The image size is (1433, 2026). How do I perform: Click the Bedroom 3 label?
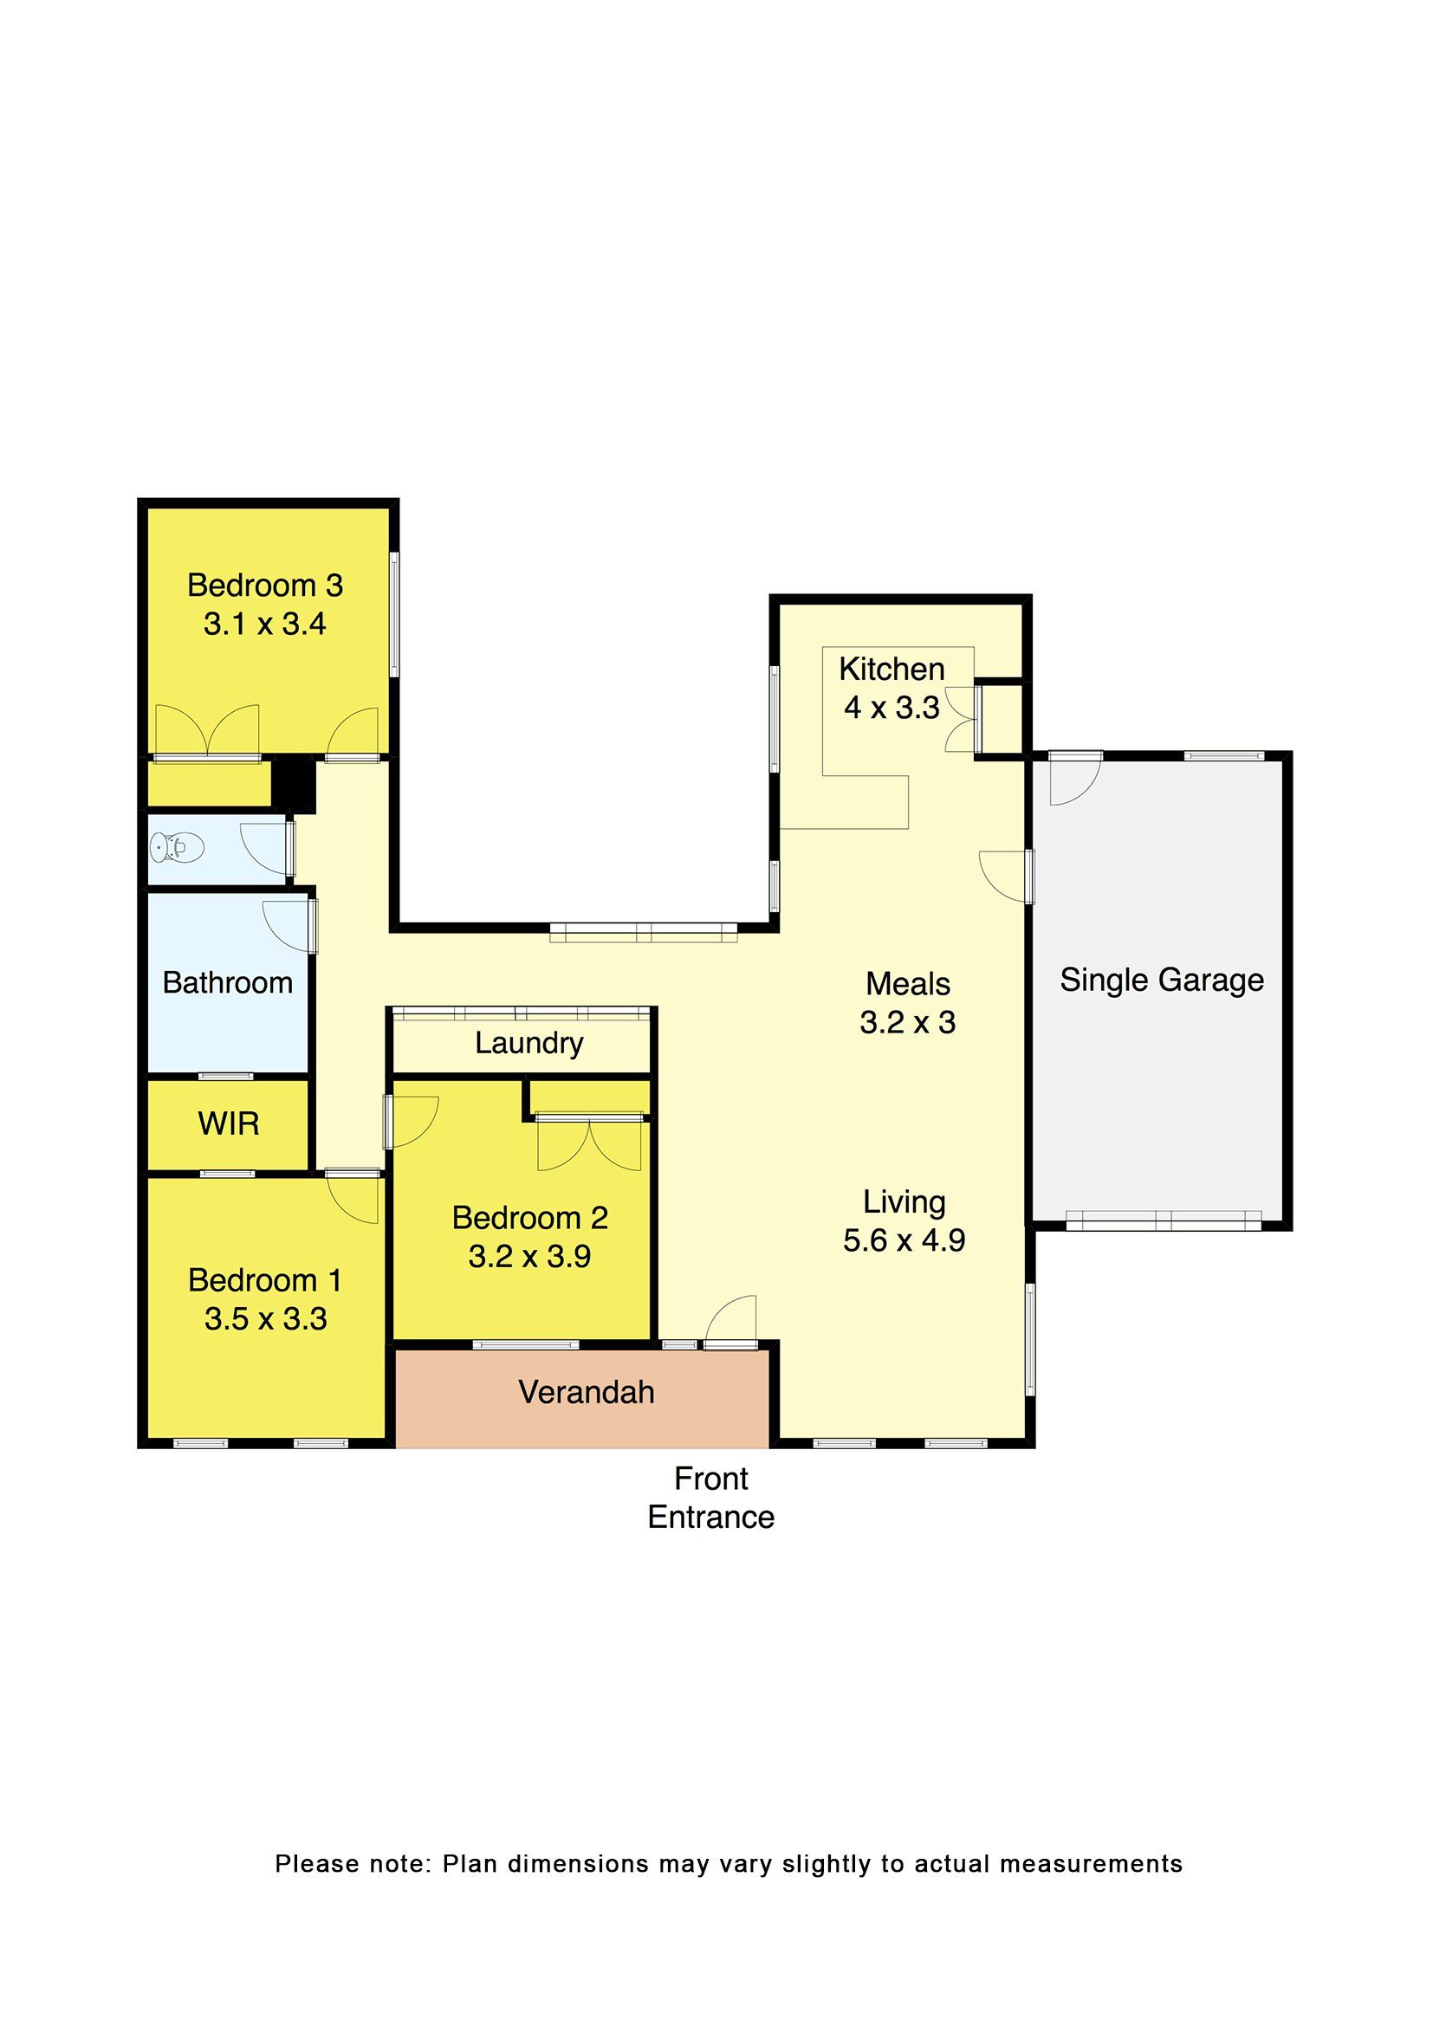tap(265, 585)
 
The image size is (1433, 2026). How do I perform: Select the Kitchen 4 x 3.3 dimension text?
tap(892, 708)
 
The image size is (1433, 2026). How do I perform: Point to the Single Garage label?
tap(1161, 980)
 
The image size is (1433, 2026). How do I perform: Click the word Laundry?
tap(528, 1043)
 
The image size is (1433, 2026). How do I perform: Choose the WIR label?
tap(229, 1123)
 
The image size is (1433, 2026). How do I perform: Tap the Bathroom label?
tap(228, 982)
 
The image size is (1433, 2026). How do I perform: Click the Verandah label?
tap(586, 1392)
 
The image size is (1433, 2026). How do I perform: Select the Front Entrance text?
tap(711, 1498)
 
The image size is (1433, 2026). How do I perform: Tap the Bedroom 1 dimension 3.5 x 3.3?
tap(266, 1318)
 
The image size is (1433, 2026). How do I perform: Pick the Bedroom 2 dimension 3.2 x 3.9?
tap(529, 1257)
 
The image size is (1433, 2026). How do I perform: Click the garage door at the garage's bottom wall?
tap(1164, 1220)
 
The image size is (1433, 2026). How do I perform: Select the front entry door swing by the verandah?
tap(731, 1323)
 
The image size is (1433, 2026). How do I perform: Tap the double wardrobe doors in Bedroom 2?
tap(589, 1143)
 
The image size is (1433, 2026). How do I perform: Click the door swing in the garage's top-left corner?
tap(1074, 779)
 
